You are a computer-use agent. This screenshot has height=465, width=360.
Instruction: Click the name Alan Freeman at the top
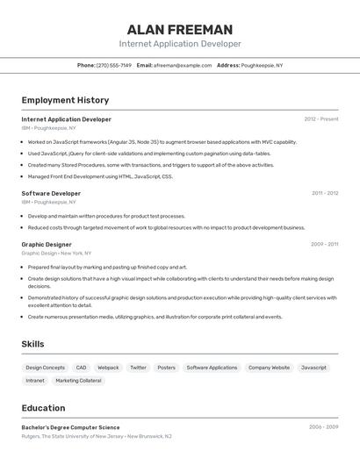(180, 29)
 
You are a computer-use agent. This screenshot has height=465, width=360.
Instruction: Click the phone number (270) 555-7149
(114, 65)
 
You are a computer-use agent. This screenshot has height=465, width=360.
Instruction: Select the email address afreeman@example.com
(183, 65)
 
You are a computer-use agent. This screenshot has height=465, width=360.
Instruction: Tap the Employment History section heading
(65, 100)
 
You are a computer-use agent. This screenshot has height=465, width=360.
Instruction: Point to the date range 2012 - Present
(320, 119)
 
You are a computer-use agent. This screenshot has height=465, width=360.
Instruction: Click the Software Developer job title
(51, 193)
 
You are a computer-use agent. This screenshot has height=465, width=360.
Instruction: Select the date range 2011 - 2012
(324, 193)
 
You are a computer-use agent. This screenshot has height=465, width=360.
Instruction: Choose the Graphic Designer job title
(47, 245)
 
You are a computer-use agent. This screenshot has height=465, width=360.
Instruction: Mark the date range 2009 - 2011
(324, 245)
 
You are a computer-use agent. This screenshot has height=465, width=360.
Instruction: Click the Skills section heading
(32, 344)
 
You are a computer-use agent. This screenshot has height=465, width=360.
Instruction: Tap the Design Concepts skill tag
(45, 368)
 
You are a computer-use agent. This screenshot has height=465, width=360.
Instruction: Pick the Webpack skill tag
(108, 368)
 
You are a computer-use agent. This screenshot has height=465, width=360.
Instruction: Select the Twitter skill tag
(138, 368)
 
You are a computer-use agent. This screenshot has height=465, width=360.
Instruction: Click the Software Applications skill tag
(212, 368)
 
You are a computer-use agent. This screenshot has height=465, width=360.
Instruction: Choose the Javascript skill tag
(313, 368)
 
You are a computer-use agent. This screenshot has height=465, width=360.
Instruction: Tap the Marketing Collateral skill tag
(78, 381)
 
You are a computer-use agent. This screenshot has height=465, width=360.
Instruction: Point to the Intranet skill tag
(35, 381)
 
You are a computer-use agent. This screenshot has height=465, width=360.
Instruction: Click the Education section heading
(43, 408)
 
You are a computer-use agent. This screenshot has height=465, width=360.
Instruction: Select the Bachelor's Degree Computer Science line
(70, 427)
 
